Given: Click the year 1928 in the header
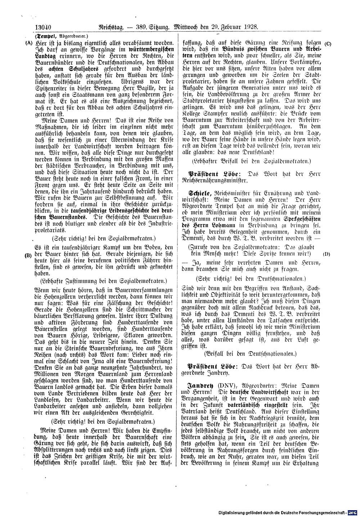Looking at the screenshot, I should (252, 26).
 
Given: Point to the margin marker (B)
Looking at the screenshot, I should (28, 255).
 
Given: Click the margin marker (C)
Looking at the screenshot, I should (328, 44).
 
